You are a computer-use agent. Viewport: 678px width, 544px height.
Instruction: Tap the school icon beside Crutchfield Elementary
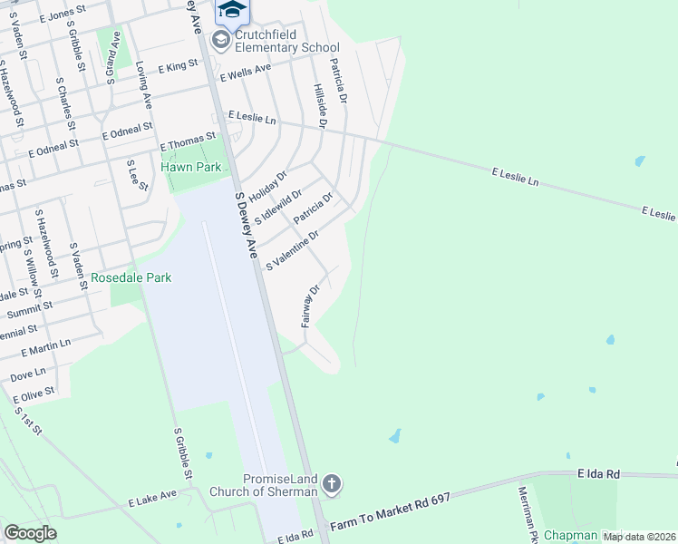coord(220,39)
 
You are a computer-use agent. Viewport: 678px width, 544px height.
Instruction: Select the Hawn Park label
coord(190,167)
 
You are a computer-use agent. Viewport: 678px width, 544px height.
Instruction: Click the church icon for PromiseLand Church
coord(332,484)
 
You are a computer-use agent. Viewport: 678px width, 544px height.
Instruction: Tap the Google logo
coord(30,533)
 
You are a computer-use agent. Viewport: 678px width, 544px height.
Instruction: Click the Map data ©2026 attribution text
coord(639,537)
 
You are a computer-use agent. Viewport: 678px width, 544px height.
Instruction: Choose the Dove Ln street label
coord(27,373)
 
